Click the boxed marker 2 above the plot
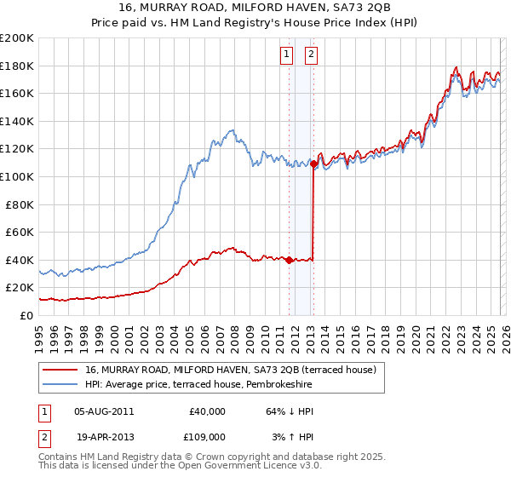[x=311, y=55]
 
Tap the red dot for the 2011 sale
[x=289, y=260]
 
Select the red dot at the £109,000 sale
[x=314, y=164]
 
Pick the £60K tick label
[x=20, y=232]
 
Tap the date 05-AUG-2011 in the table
[x=104, y=411]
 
